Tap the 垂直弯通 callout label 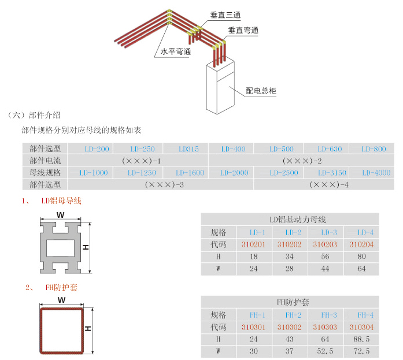click(243, 31)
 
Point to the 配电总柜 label click(261, 91)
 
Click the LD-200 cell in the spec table click(97, 149)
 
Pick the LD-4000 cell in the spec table click(376, 173)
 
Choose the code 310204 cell click(362, 244)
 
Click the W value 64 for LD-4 click(362, 269)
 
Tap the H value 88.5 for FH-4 click(361, 339)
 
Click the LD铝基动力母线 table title click(290, 220)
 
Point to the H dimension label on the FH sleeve click(88, 328)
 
